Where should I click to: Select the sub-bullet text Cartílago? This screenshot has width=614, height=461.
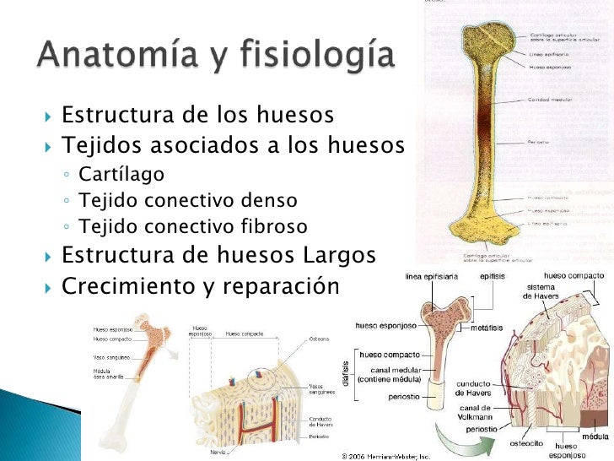(x=121, y=174)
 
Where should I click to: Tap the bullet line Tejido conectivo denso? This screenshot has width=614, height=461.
(x=187, y=201)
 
